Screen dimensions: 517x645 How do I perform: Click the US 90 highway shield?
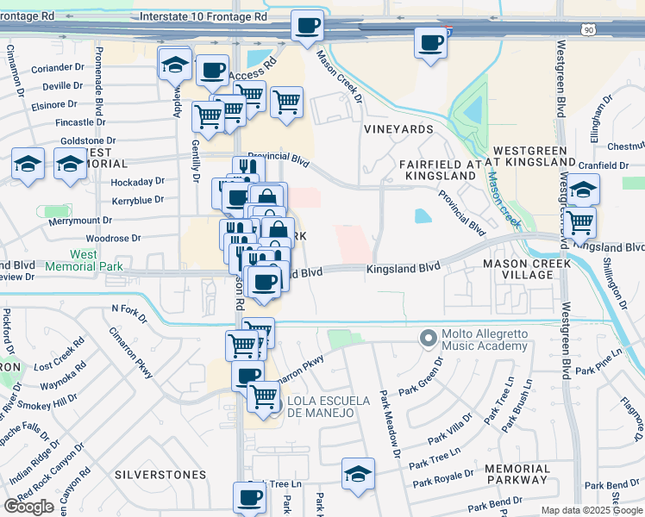pos(565,30)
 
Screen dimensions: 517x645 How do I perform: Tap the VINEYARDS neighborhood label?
pos(398,129)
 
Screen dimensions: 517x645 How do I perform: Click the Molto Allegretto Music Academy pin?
pos(426,338)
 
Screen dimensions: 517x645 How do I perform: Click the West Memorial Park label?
pos(84,261)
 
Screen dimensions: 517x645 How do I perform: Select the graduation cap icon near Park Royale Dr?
pos(358,473)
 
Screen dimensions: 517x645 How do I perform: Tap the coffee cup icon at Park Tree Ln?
pos(249,496)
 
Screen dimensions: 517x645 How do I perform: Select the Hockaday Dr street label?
pos(138,181)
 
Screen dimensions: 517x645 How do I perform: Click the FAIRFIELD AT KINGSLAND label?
pos(438,170)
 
